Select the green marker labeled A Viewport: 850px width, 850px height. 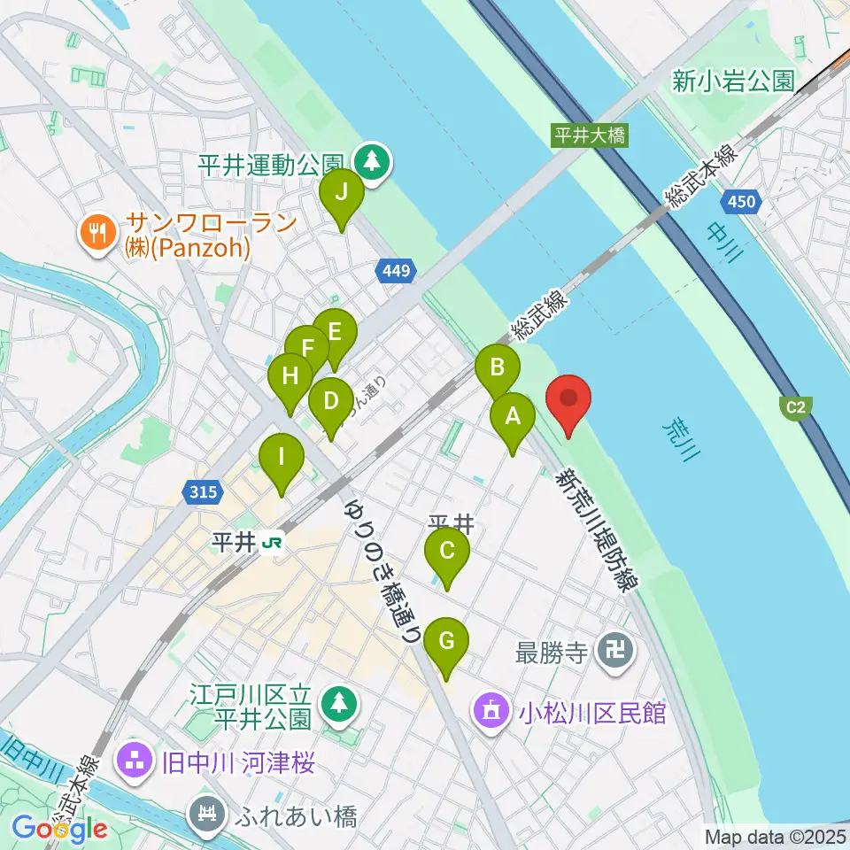coord(512,421)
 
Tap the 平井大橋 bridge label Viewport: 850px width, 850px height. coord(590,135)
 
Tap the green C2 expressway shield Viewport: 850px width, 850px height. coord(795,406)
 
